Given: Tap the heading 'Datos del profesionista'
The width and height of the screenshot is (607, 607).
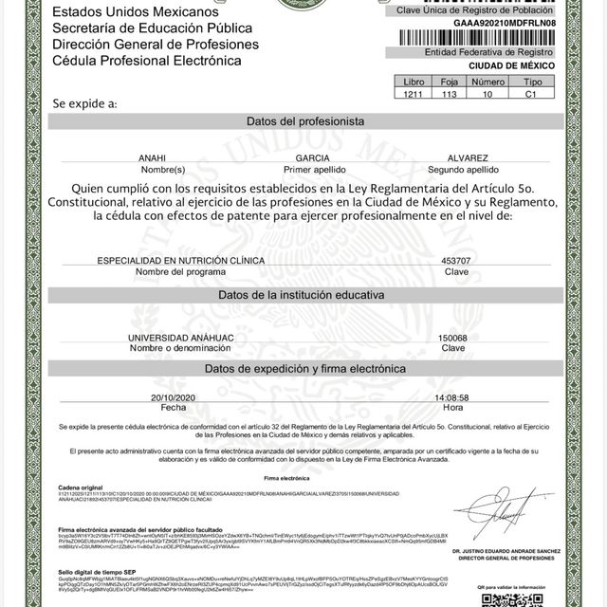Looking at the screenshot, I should coord(304,122).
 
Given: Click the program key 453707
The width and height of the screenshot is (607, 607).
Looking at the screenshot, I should coord(455,260).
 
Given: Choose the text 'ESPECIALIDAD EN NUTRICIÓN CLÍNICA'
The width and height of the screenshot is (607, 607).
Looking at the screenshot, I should coord(181,260).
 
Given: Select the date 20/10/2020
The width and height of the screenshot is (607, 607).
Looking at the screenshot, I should coord(173,397).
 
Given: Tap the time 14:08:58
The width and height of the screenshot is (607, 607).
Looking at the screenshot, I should coord(451,397).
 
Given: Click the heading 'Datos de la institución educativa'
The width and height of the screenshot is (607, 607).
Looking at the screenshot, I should coord(302,295).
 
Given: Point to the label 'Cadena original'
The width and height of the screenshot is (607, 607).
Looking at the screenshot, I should coord(80,487).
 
